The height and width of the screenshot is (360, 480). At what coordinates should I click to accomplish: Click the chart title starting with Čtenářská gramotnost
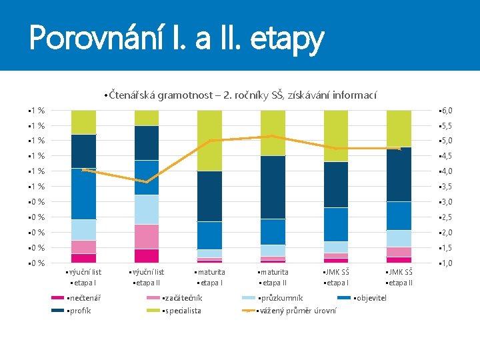coord(241,95)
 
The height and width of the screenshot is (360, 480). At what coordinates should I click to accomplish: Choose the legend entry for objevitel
coord(370,298)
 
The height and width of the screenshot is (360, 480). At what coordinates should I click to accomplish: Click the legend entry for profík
coord(79,311)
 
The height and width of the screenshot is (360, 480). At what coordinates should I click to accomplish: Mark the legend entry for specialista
coord(181,311)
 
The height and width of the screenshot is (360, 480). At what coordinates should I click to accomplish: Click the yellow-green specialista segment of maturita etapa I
coord(209,140)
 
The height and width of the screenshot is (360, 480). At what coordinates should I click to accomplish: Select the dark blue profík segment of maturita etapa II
coord(273,187)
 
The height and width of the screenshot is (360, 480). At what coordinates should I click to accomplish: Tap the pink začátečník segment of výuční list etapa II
coord(147,236)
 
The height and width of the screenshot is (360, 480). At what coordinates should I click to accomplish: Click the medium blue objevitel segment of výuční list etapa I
coord(84,193)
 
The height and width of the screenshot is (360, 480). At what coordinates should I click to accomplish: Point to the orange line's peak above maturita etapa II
coord(272,136)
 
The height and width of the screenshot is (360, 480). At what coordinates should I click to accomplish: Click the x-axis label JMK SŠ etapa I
coord(336,277)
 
